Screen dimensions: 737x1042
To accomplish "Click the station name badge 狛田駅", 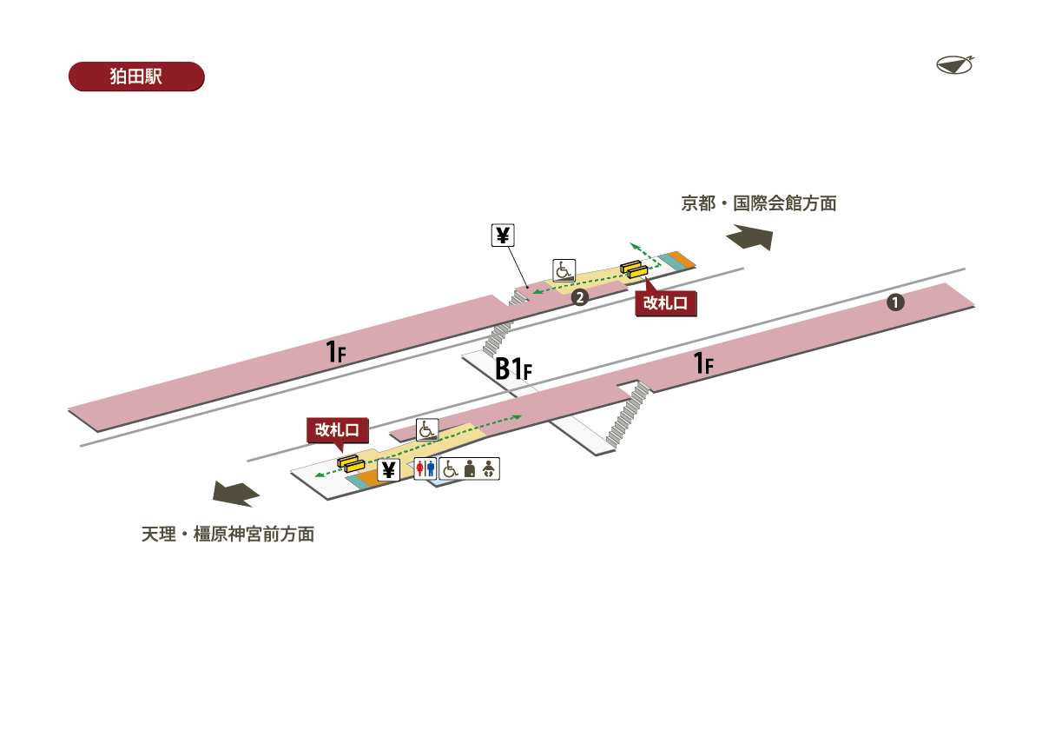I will click(135, 76).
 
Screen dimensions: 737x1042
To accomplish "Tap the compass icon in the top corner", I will click(955, 64).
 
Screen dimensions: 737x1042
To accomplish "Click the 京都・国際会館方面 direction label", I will click(758, 204).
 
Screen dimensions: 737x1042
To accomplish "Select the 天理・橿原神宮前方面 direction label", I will click(228, 534).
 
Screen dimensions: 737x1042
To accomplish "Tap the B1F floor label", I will click(512, 369).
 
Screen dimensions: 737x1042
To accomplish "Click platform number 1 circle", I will click(895, 302).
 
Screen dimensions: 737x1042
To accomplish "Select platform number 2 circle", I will click(579, 298).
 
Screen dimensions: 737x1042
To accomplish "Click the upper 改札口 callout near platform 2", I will click(666, 303).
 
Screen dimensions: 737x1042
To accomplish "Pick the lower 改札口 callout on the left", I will click(339, 429).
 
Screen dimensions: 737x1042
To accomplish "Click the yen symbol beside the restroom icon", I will click(388, 470).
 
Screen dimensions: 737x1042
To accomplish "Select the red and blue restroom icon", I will click(425, 469).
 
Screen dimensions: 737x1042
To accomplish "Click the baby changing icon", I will click(490, 469).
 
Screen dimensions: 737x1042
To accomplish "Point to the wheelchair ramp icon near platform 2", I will click(564, 270).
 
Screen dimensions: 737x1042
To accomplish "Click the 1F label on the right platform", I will click(703, 363).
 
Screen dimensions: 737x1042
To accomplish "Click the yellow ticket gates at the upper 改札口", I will click(633, 269).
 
